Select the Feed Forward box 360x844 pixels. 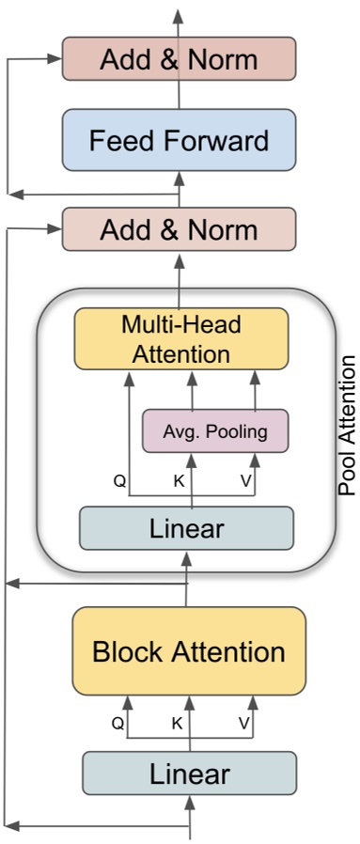[179, 142]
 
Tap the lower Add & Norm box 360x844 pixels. [179, 229]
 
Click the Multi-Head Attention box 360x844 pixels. [181, 339]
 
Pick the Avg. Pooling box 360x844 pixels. [214, 431]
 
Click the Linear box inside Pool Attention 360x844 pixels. [186, 527]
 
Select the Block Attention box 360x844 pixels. [188, 651]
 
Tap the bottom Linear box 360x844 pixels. [189, 774]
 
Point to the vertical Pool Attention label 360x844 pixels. [347, 425]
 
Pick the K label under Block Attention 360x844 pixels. [176, 724]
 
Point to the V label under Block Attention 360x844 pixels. [243, 724]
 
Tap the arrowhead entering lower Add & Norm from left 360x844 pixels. [55, 228]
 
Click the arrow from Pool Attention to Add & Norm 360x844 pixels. [179, 271]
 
